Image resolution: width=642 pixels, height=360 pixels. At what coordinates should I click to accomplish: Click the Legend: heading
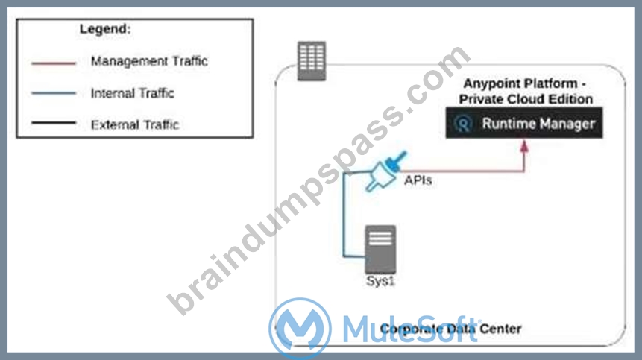(x=105, y=29)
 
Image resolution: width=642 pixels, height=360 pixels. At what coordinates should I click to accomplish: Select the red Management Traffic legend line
(x=54, y=63)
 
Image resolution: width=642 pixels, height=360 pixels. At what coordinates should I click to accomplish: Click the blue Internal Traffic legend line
(x=54, y=93)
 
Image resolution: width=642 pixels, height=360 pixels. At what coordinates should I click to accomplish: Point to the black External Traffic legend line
(x=54, y=122)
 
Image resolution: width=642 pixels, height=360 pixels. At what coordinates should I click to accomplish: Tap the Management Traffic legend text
(x=149, y=61)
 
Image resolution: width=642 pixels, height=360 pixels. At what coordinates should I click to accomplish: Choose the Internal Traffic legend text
(x=132, y=93)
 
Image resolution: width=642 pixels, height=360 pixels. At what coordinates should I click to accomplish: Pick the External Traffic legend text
(x=135, y=124)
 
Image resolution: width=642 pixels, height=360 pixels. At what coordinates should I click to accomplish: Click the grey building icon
(x=312, y=61)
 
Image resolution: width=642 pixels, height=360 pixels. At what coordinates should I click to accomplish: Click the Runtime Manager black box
(x=524, y=123)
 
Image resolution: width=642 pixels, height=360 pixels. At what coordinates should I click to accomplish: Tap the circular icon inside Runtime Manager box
(x=463, y=123)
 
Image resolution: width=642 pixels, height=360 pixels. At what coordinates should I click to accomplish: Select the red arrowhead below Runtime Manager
(x=524, y=146)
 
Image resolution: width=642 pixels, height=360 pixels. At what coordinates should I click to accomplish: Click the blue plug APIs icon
(x=385, y=172)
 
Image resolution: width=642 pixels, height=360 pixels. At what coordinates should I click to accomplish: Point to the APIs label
(x=418, y=180)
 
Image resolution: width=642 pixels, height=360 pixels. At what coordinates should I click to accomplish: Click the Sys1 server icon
(x=380, y=249)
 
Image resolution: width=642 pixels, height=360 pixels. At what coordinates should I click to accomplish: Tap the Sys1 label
(x=380, y=281)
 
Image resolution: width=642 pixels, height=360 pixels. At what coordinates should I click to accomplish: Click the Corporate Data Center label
(x=450, y=329)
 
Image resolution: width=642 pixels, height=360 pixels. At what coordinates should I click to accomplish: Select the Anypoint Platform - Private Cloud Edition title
(x=526, y=91)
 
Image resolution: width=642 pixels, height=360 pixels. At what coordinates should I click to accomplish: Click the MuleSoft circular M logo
(x=300, y=328)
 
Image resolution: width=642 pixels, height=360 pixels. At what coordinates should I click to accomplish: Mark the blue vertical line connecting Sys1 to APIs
(x=344, y=215)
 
